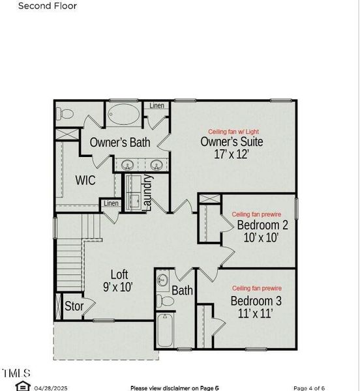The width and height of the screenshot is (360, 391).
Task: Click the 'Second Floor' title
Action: click(47, 7)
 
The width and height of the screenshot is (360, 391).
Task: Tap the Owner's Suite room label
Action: click(232, 142)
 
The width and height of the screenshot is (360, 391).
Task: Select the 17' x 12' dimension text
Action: click(232, 155)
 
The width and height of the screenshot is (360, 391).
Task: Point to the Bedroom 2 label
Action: click(262, 225)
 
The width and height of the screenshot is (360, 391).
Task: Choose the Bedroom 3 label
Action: click(256, 301)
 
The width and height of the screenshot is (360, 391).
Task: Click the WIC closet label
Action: click(85, 181)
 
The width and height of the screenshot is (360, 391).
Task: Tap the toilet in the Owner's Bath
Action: click(66, 114)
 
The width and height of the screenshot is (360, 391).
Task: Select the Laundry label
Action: click(147, 192)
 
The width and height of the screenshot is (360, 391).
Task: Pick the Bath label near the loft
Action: click(182, 290)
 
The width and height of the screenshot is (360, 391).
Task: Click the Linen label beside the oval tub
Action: click(157, 106)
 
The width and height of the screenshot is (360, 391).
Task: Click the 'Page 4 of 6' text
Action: click(313, 387)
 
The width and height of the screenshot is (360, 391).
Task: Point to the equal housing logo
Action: click(22, 386)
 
